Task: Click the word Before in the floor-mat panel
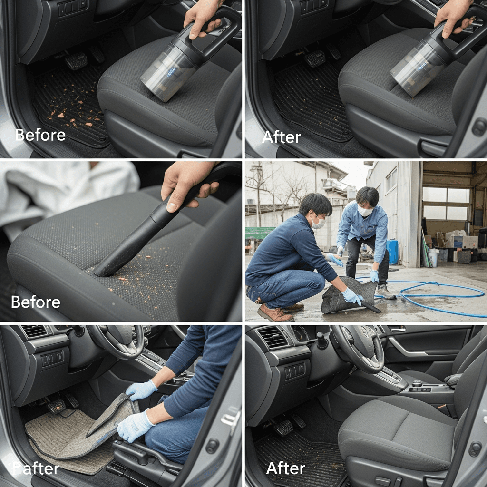[x=40, y=135]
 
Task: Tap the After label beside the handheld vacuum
[x=282, y=137]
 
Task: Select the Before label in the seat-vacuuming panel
[x=36, y=302]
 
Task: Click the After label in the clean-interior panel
[x=286, y=468]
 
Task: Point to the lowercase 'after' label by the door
[x=36, y=468]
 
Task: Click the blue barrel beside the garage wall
[x=392, y=252]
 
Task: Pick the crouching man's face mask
[x=319, y=223]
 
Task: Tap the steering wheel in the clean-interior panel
[x=357, y=348]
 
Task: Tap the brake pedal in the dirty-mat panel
[x=77, y=61]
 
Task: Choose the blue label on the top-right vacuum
[x=423, y=67]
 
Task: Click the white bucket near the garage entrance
[x=434, y=257]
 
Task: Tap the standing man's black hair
[x=368, y=195]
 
